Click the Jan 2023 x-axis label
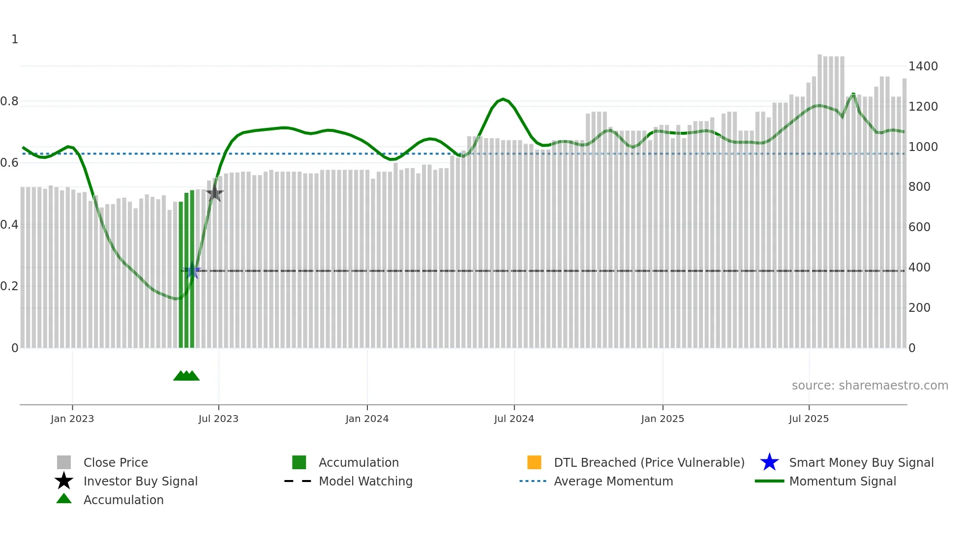[72, 419]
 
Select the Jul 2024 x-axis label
[514, 419]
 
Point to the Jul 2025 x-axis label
[809, 419]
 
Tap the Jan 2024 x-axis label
[367, 419]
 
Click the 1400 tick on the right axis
[923, 66]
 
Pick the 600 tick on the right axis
[919, 227]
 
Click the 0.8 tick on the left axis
[9, 101]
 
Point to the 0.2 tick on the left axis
[9, 286]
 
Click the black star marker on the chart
[214, 193]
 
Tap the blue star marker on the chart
[193, 270]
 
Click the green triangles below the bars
[186, 376]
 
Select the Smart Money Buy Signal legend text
[861, 462]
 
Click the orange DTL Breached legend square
[534, 462]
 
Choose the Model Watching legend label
[365, 481]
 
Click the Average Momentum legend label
[613, 481]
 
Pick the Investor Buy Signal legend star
[64, 481]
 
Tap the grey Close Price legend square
[64, 462]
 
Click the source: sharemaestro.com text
[870, 386]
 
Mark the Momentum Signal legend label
[843, 481]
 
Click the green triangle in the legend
[64, 499]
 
